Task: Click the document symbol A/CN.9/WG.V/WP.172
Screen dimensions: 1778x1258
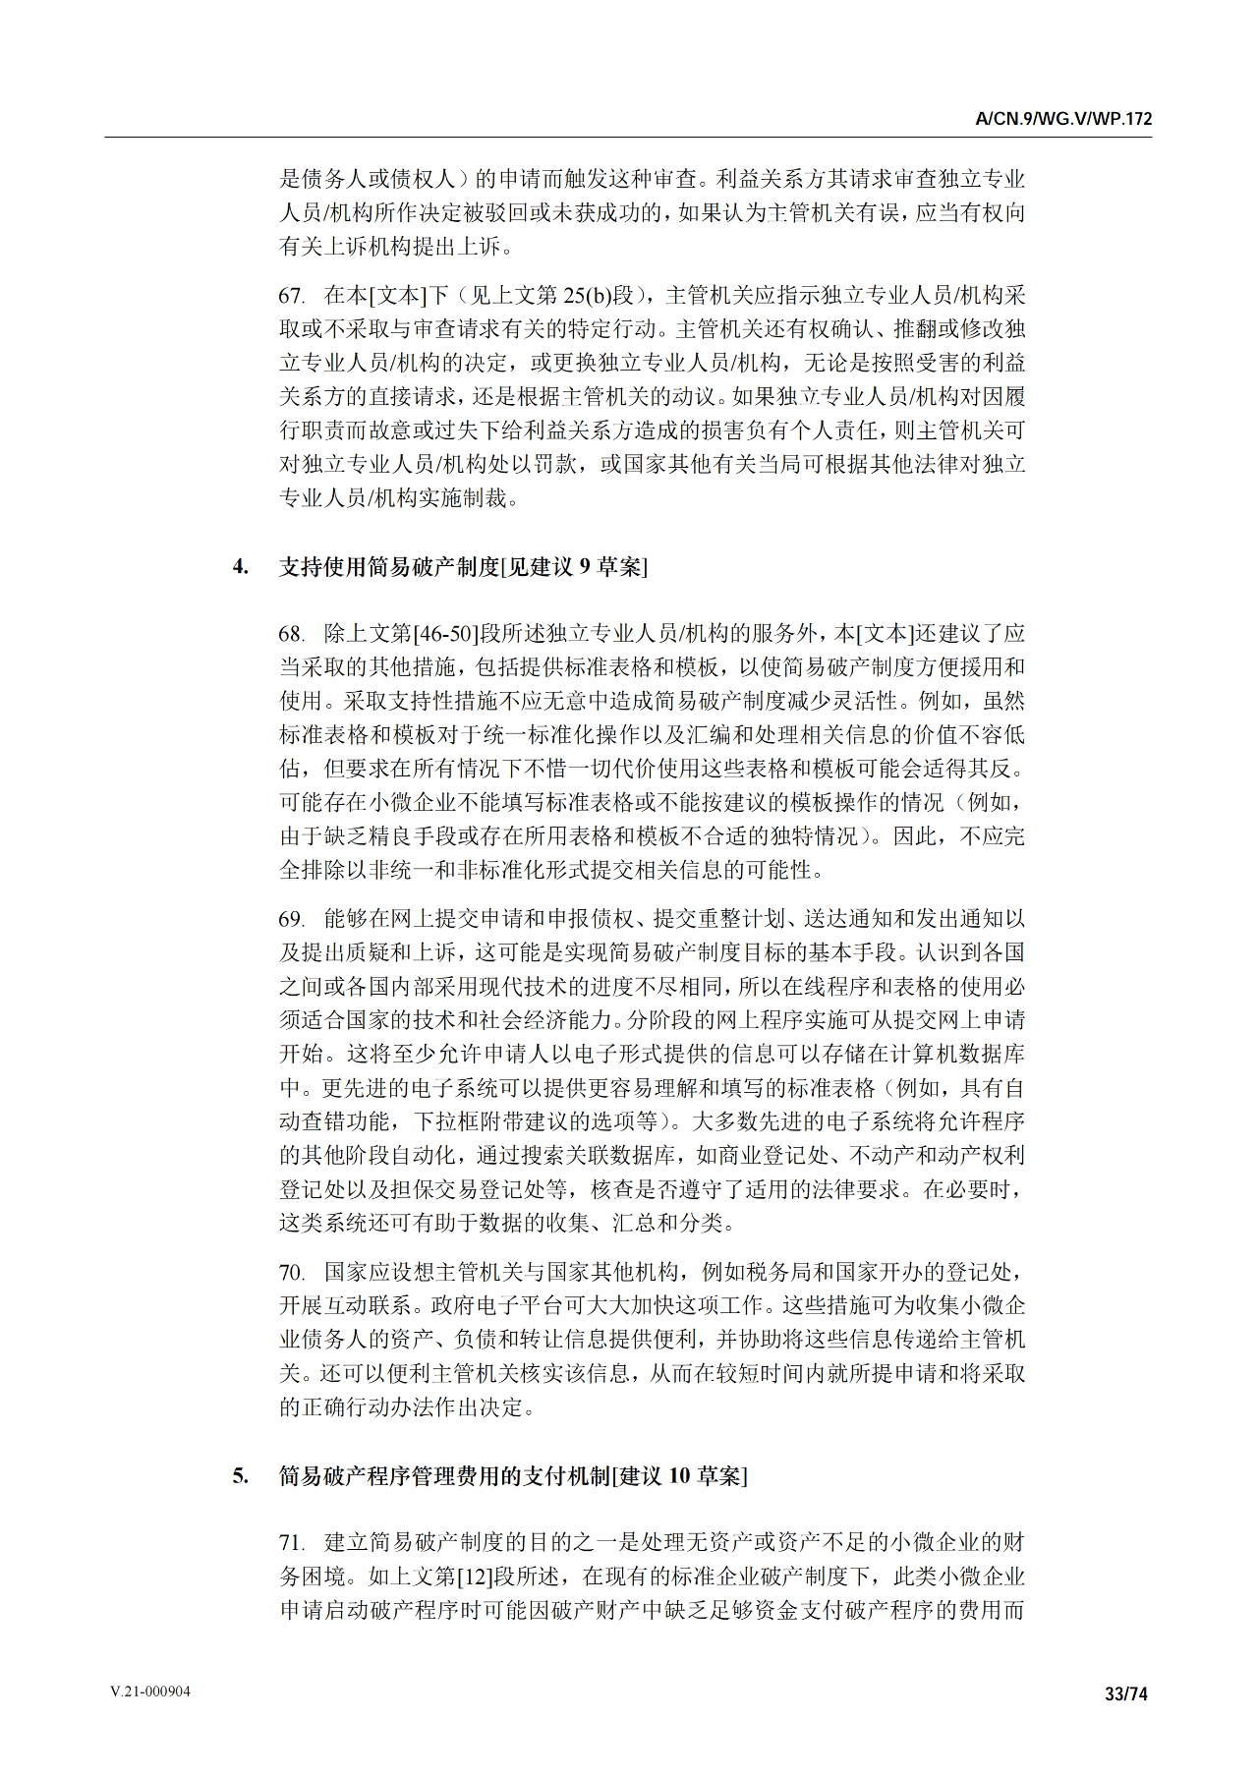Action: [x=1063, y=119]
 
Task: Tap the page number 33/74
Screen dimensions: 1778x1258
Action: [x=1126, y=1693]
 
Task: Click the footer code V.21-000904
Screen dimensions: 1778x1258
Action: [x=150, y=1692]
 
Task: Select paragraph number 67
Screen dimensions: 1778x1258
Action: [x=291, y=296]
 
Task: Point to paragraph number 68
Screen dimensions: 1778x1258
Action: [x=291, y=634]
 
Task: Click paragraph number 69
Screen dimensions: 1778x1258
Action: [x=291, y=919]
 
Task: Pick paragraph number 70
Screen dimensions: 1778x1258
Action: [x=291, y=1273]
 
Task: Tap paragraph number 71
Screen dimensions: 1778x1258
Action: [x=291, y=1543]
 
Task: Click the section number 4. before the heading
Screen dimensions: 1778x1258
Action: [x=240, y=567]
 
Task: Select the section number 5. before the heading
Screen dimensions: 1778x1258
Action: [x=240, y=1476]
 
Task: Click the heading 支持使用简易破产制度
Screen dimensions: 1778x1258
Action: [x=389, y=567]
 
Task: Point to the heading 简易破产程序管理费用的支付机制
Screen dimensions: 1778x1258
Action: [x=444, y=1476]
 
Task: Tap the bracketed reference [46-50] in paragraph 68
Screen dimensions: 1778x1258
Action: [x=446, y=634]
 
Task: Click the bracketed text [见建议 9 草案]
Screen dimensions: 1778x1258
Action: [x=574, y=567]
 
